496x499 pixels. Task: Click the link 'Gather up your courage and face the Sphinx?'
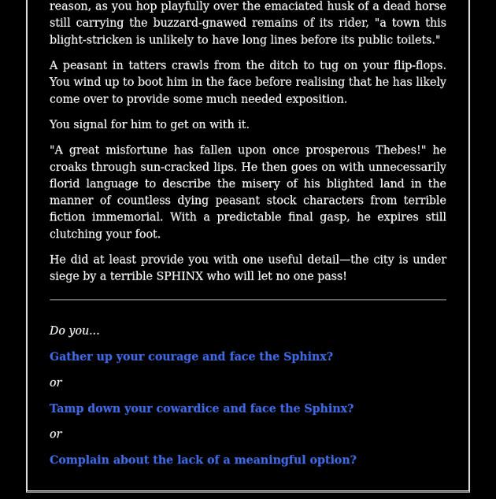(191, 357)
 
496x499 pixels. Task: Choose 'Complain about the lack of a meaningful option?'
(202, 460)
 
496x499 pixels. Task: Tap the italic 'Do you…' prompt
(74, 331)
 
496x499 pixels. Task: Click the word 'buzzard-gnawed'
(187, 23)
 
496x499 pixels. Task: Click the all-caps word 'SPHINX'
(180, 276)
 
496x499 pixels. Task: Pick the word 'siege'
(66, 276)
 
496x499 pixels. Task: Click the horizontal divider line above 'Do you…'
(247, 300)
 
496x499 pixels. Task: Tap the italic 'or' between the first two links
(56, 383)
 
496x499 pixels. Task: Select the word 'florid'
(67, 183)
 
